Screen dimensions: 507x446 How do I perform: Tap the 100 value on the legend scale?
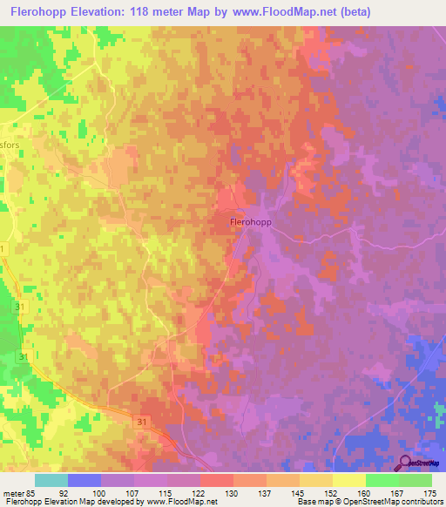pos(111,492)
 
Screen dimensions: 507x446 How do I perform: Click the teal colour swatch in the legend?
pos(51,480)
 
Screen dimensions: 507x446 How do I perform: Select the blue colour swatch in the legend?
pos(84,480)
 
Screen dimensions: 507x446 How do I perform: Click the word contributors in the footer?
pos(419,502)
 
